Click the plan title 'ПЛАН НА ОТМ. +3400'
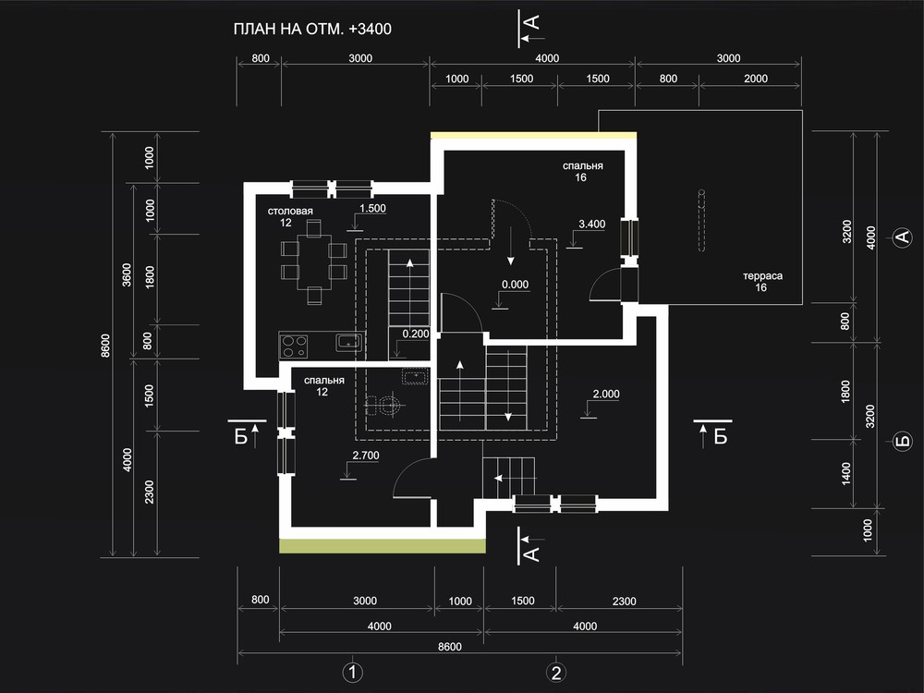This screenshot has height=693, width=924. pos(312,29)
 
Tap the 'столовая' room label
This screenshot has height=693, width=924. pos(290,211)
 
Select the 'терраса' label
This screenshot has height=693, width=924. pos(762,275)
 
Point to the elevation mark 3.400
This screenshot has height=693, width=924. pos(591,224)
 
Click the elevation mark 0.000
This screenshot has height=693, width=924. pos(515,285)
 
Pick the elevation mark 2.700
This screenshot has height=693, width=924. pos(366,456)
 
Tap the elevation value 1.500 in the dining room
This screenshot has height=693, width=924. pos(372,209)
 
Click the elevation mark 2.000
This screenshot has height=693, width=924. pos(606,395)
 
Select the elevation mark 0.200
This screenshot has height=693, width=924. pos(416,334)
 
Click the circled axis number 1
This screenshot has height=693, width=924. pos(352,673)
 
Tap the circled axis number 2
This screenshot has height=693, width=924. pos(555,673)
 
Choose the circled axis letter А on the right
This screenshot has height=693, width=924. pos(903,237)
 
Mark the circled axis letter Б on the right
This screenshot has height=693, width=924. pos(903,441)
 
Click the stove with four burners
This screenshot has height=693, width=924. pos(294,346)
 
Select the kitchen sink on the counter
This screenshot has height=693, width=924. pos(349,343)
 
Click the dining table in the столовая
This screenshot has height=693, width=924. pos(314,261)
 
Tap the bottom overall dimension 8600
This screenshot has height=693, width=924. pos(450,647)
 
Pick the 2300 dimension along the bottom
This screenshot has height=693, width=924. pos(624,602)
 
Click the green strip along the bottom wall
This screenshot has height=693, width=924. pos(382,546)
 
